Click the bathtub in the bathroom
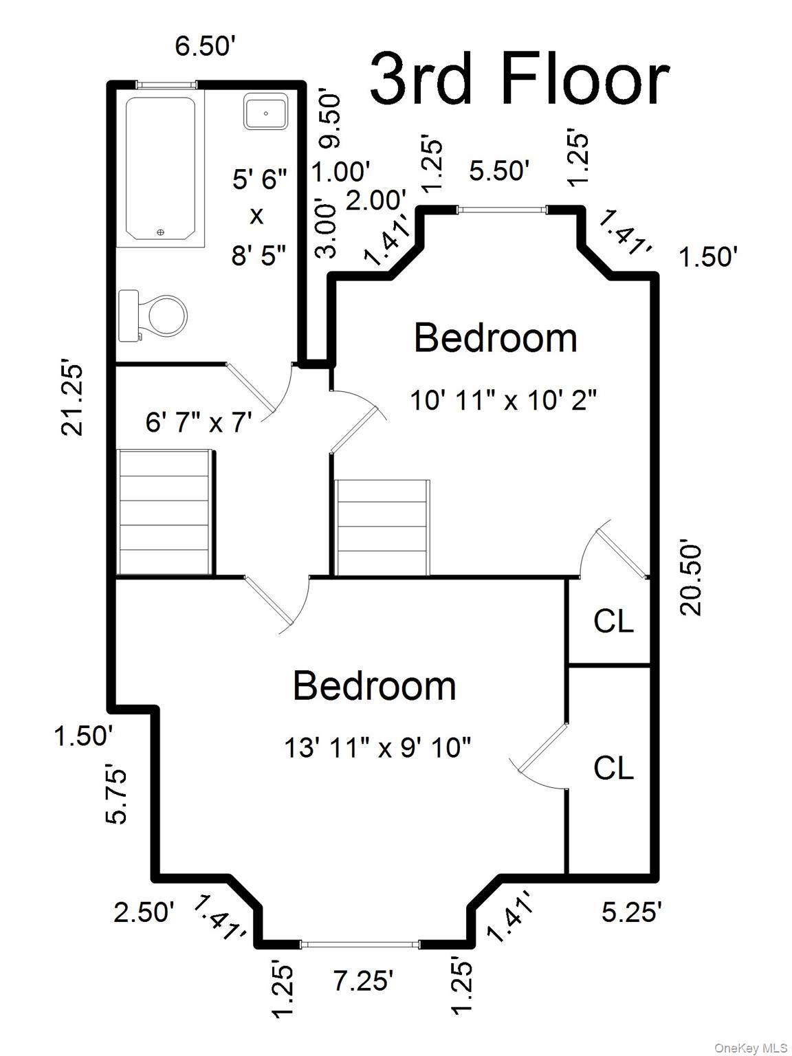coord(161,168)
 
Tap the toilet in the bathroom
coord(153,316)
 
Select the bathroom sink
coord(266,111)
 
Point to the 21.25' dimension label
coord(72,399)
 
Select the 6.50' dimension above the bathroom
coord(205,46)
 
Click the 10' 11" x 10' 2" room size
coord(503,400)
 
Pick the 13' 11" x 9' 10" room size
coord(377,747)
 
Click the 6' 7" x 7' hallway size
coord(199,422)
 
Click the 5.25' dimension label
coord(632,912)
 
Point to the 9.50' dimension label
coord(331,120)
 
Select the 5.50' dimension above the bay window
coord(499,170)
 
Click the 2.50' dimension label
coord(144,912)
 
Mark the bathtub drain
coord(160,232)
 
